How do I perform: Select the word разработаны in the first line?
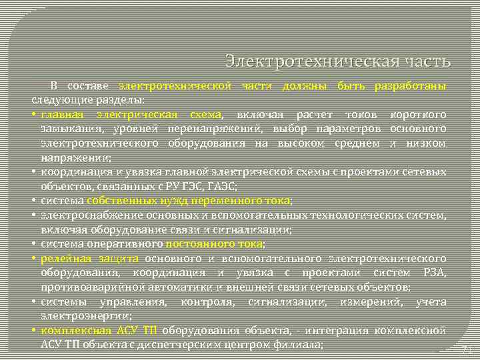pyautogui.click(x=411, y=86)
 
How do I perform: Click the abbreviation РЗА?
pyautogui.click(x=433, y=273)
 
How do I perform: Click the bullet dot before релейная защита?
pyautogui.click(x=33, y=258)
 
